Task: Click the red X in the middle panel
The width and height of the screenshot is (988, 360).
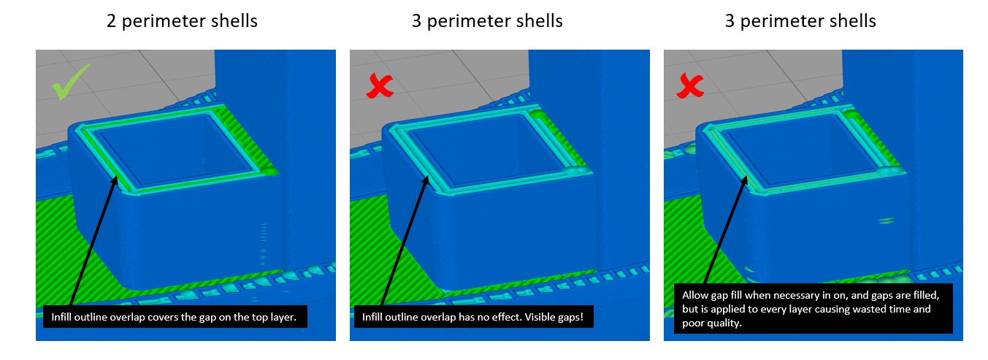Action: (x=380, y=85)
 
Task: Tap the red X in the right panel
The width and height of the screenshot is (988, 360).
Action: (x=690, y=85)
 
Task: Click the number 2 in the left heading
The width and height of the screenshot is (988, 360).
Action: (x=112, y=21)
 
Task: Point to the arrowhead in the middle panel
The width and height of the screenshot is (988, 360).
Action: (x=425, y=181)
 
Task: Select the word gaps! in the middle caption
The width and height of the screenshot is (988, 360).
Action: (x=570, y=317)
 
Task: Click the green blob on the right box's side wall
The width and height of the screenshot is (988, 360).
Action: (x=886, y=220)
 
